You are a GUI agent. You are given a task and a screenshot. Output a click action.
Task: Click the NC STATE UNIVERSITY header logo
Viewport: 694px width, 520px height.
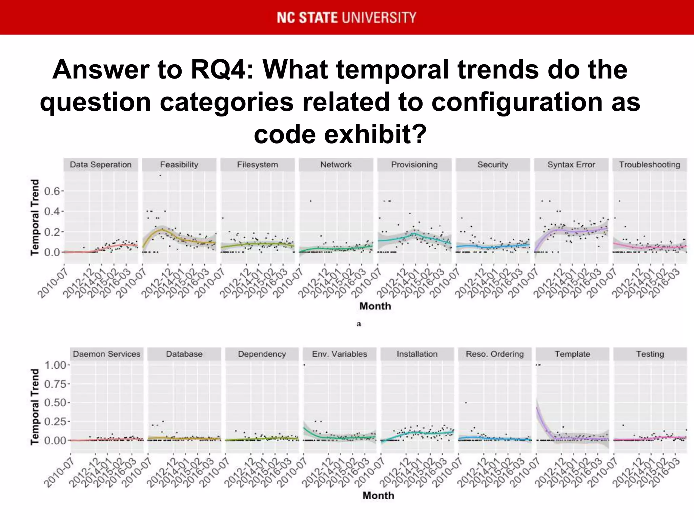pyautogui.click(x=346, y=18)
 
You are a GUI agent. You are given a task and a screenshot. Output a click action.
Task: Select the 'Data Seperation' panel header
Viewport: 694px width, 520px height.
pyautogui.click(x=101, y=165)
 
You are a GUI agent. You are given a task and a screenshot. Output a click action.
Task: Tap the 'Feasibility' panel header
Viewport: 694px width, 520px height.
pyautogui.click(x=179, y=165)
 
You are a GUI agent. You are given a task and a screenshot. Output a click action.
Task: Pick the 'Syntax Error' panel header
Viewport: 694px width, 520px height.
pyautogui.click(x=571, y=165)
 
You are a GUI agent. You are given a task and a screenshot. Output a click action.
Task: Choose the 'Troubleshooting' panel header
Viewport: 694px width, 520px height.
pyautogui.click(x=650, y=165)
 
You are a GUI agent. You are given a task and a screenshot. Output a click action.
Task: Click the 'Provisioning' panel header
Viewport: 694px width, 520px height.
pyautogui.click(x=414, y=165)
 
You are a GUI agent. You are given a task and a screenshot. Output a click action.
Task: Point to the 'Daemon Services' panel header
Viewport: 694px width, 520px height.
pyautogui.click(x=106, y=354)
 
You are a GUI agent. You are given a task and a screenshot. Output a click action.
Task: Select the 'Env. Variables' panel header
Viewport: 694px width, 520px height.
pyautogui.click(x=339, y=354)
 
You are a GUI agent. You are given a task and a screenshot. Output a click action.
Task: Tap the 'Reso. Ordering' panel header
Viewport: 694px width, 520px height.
pyautogui.click(x=494, y=354)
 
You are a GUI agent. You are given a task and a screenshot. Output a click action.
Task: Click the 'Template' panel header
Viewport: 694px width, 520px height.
pyautogui.click(x=572, y=354)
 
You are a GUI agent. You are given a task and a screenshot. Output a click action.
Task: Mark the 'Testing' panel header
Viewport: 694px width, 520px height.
pyautogui.click(x=650, y=354)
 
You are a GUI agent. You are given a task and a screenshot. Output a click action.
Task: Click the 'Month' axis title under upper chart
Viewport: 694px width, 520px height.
pyautogui.click(x=375, y=306)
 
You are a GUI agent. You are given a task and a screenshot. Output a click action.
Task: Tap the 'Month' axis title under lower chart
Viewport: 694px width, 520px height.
pyautogui.click(x=378, y=496)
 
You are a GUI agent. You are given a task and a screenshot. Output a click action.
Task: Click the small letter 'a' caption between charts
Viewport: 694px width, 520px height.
pyautogui.click(x=359, y=324)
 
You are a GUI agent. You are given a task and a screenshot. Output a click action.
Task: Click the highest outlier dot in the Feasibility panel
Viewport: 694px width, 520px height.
pyautogui.click(x=160, y=175)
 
